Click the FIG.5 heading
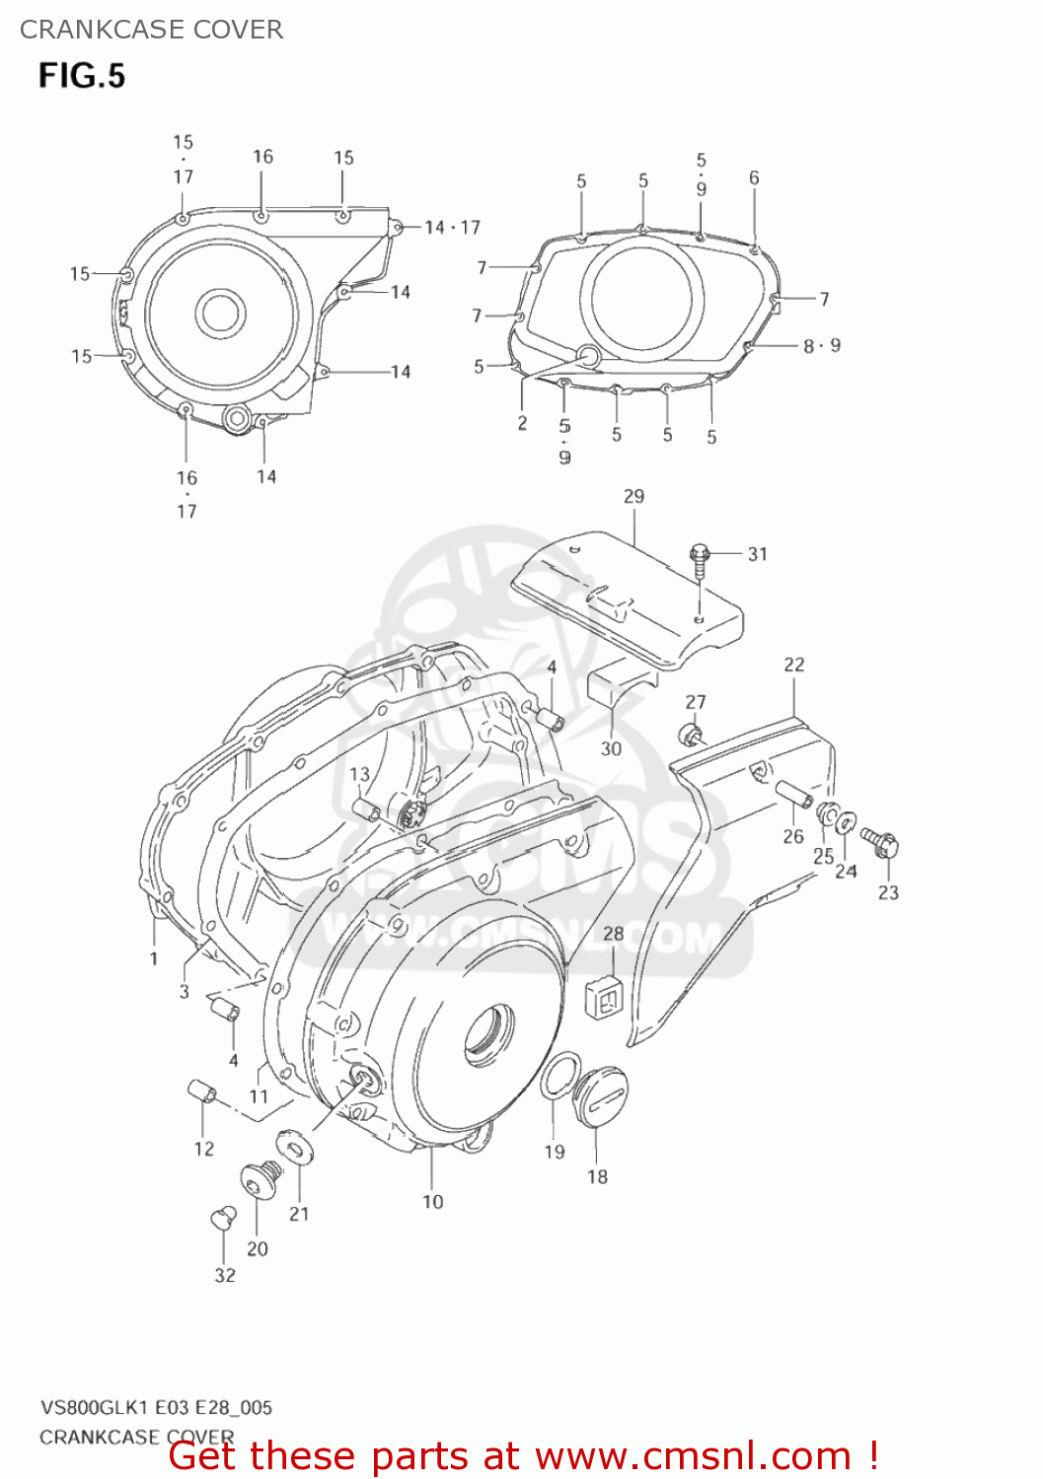(82, 76)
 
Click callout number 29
(633, 496)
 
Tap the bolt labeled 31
(700, 558)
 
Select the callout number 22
(794, 665)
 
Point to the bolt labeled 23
(880, 842)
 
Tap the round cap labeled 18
(602, 1089)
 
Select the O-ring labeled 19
(559, 1076)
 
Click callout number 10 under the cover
(432, 1201)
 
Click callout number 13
(359, 774)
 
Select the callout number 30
(611, 748)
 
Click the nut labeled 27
(690, 735)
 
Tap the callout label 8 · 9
(821, 345)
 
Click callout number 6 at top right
(754, 177)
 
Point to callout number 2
(522, 423)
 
